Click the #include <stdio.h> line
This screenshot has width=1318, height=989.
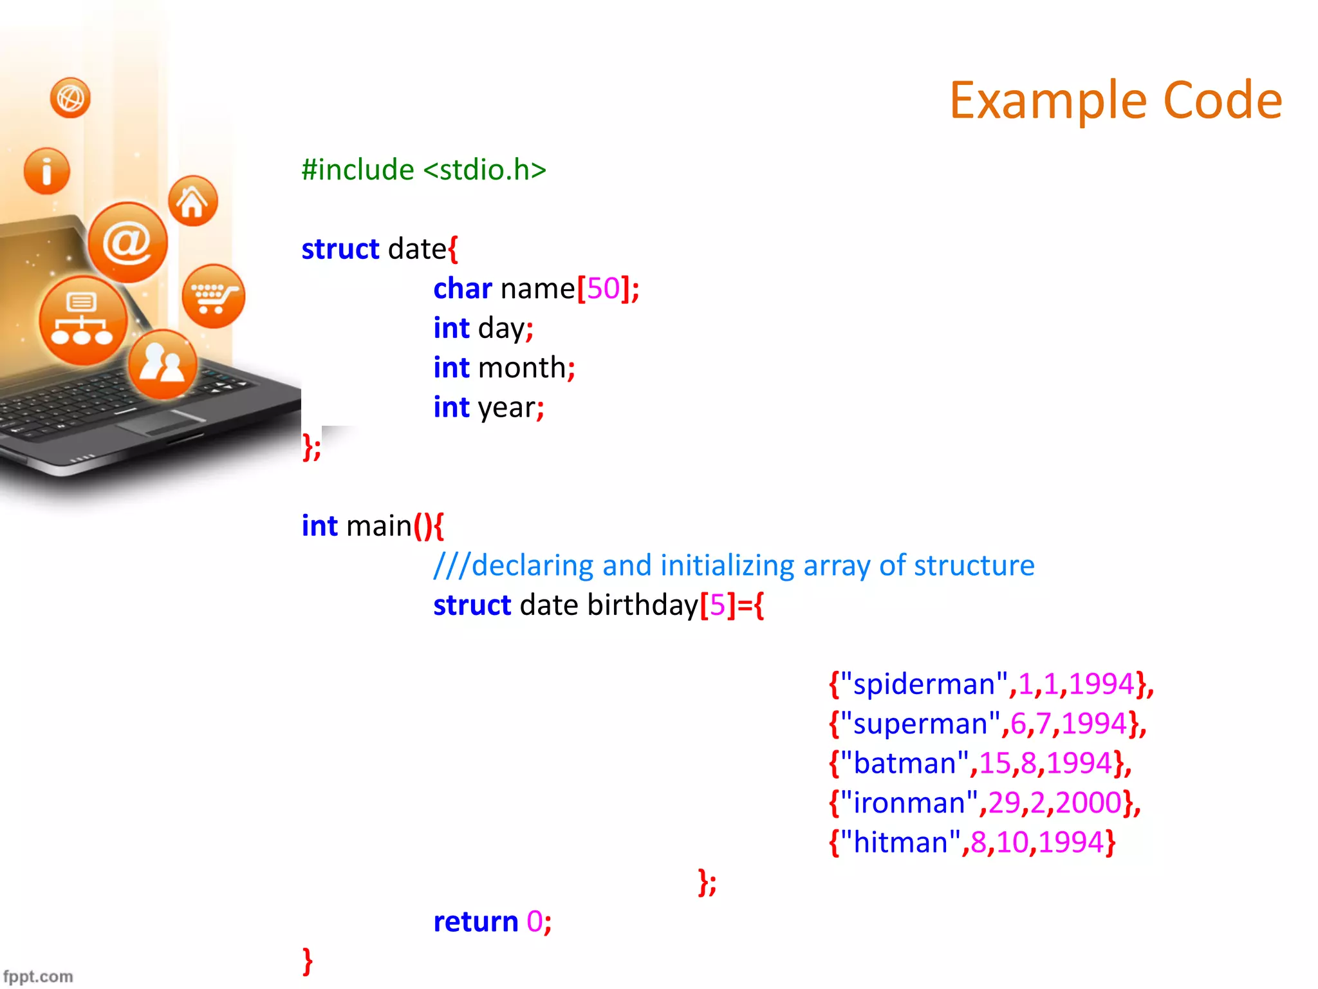tap(423, 170)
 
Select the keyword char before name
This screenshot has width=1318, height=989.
tap(462, 288)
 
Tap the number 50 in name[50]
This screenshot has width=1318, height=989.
tap(603, 288)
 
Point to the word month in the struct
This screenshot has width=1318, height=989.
tap(521, 368)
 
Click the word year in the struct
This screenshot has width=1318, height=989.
tap(506, 408)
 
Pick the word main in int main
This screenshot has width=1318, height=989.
tap(378, 526)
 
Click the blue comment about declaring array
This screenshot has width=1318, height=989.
tap(734, 565)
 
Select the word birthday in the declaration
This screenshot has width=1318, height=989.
tap(642, 605)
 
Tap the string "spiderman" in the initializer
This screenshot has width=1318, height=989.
tap(924, 684)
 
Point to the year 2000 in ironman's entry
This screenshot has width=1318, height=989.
tap(1088, 803)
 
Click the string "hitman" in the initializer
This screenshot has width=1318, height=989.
tap(900, 842)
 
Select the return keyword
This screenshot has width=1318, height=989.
tap(475, 921)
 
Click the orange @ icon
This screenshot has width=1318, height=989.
tap(127, 242)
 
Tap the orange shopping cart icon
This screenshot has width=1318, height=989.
tap(213, 296)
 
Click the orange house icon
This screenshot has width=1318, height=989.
tap(192, 201)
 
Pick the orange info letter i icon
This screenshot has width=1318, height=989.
tap(46, 171)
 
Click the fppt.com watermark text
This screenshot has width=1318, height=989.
tap(37, 976)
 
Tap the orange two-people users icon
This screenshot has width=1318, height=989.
tap(162, 364)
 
